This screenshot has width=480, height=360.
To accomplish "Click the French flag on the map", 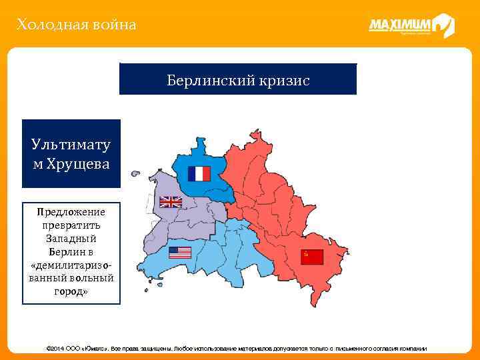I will [199, 173].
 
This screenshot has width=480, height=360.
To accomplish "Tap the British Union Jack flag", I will [171, 201].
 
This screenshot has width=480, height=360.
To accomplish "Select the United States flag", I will [179, 253].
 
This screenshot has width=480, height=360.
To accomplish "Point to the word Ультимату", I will [71, 145].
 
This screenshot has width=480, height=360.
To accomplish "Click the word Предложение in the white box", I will [71, 211].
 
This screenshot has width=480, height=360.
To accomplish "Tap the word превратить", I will [71, 225].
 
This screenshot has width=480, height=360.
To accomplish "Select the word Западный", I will [71, 238].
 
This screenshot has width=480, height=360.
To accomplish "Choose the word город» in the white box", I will [71, 291].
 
